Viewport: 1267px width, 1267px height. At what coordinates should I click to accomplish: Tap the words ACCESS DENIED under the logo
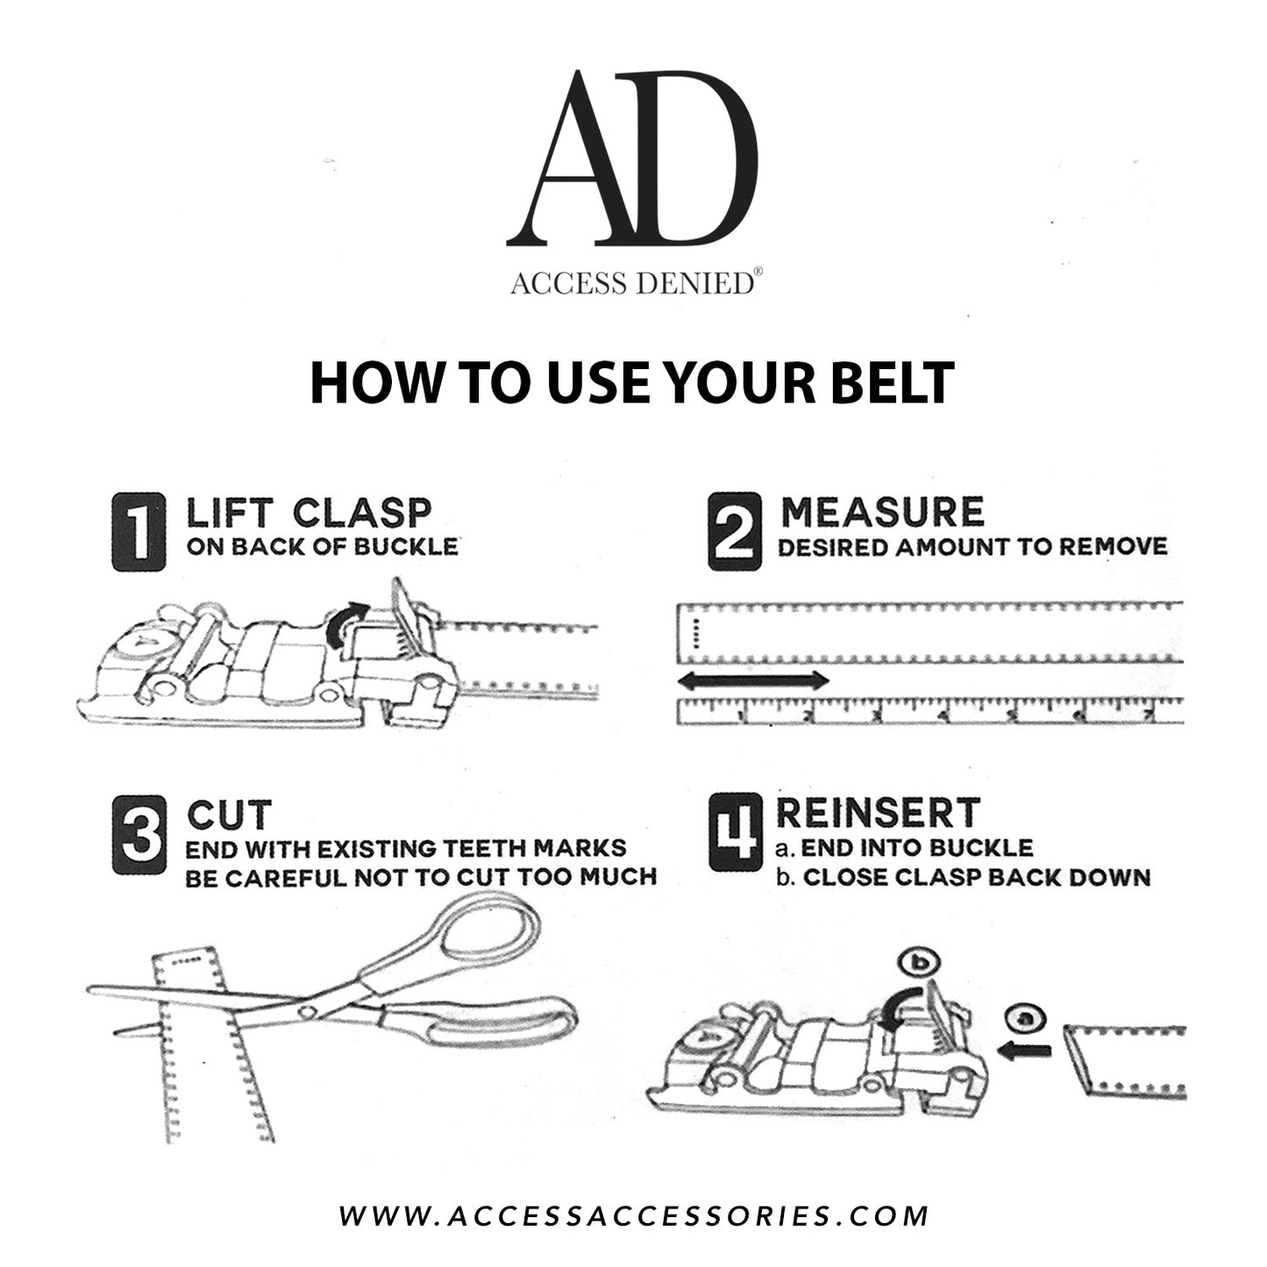coord(631,283)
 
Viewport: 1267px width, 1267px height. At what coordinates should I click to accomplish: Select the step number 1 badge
coord(139,531)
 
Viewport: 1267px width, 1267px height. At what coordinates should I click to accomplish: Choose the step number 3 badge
coord(139,834)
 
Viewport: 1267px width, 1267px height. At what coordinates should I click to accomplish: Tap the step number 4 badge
coord(735,834)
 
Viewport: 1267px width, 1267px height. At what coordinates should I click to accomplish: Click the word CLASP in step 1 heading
coord(362,513)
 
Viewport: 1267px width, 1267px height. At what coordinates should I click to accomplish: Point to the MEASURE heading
coord(882,512)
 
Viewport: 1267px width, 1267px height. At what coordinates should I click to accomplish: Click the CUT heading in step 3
coord(230,815)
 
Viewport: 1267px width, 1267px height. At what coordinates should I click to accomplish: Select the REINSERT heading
coord(878,813)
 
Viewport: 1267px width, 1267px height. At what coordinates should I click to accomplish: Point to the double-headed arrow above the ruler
coord(754,680)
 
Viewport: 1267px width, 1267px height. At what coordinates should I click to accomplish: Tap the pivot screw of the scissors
coord(306,1011)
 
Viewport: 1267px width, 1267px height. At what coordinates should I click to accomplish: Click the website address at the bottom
coord(633,1215)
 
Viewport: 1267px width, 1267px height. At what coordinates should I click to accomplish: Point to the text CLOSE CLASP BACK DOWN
coord(976,877)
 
